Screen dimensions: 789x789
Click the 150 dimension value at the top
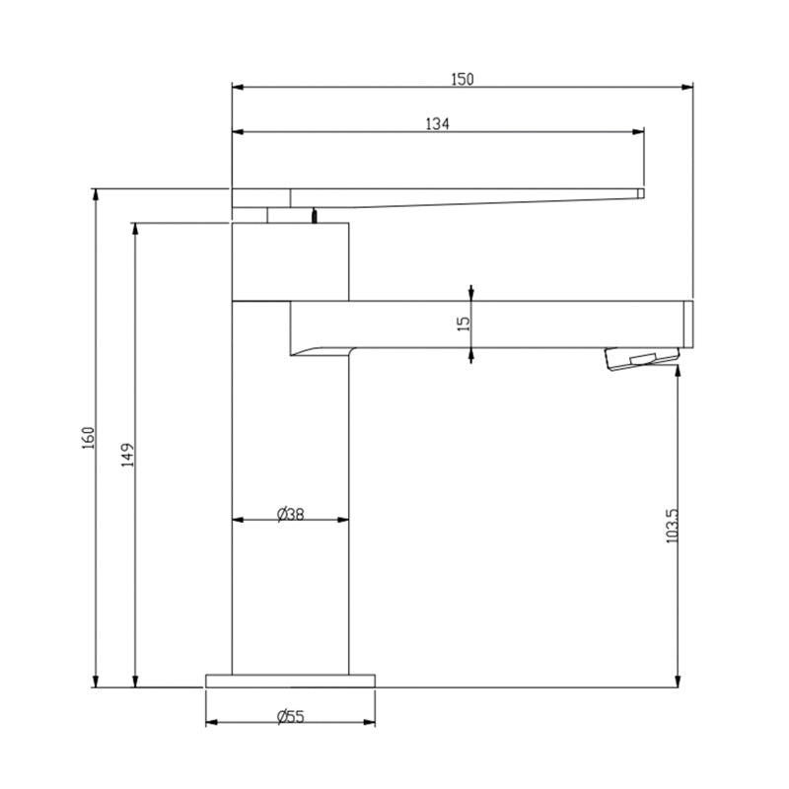(x=462, y=79)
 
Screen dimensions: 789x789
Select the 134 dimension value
(x=437, y=124)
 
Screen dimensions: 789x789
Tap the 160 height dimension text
(x=89, y=438)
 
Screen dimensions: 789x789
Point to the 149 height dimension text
(x=128, y=455)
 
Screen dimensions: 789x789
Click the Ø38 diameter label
(x=290, y=514)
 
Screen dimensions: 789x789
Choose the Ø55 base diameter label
(x=290, y=716)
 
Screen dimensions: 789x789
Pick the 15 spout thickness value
(x=464, y=323)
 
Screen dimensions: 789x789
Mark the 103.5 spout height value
(x=672, y=526)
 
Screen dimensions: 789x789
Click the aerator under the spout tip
(x=642, y=359)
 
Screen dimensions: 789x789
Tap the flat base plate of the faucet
(x=290, y=681)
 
